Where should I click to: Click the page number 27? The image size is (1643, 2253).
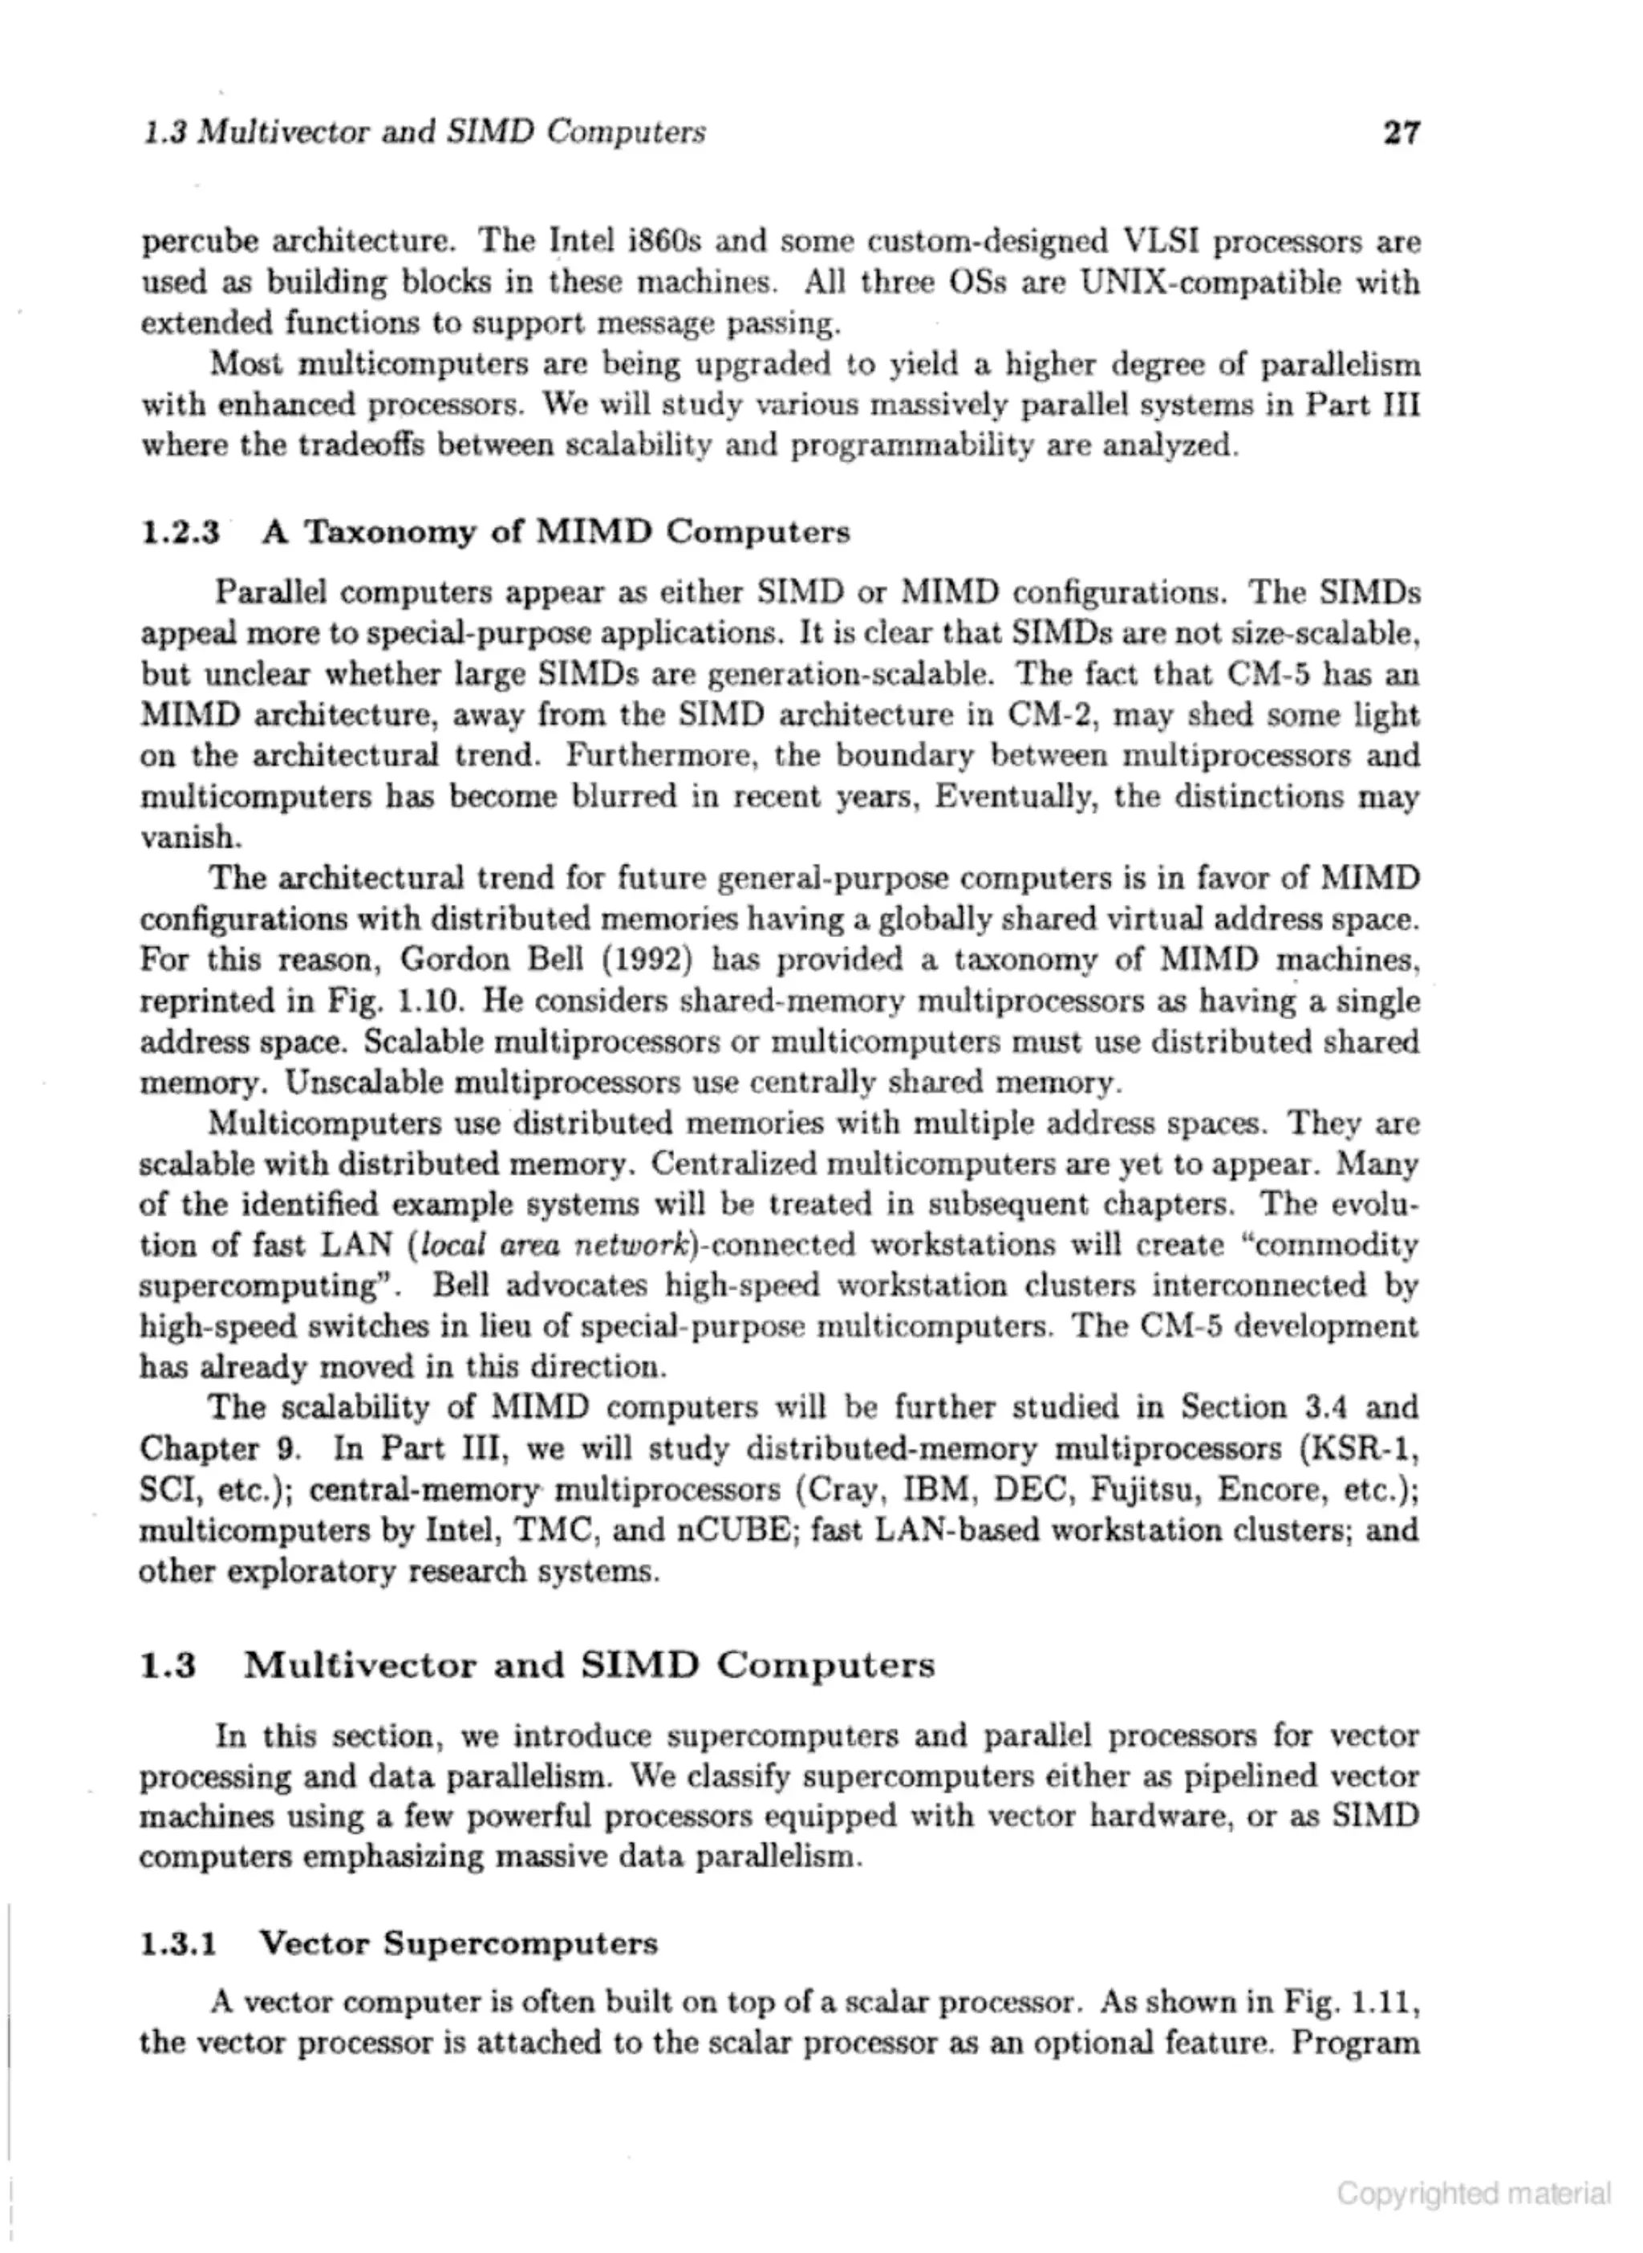[x=1401, y=132]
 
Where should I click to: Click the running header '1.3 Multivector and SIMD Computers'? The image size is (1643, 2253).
[x=423, y=132]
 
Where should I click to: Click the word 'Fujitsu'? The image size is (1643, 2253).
[x=1144, y=1490]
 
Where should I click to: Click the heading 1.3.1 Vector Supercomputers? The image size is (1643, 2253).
[x=398, y=1943]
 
